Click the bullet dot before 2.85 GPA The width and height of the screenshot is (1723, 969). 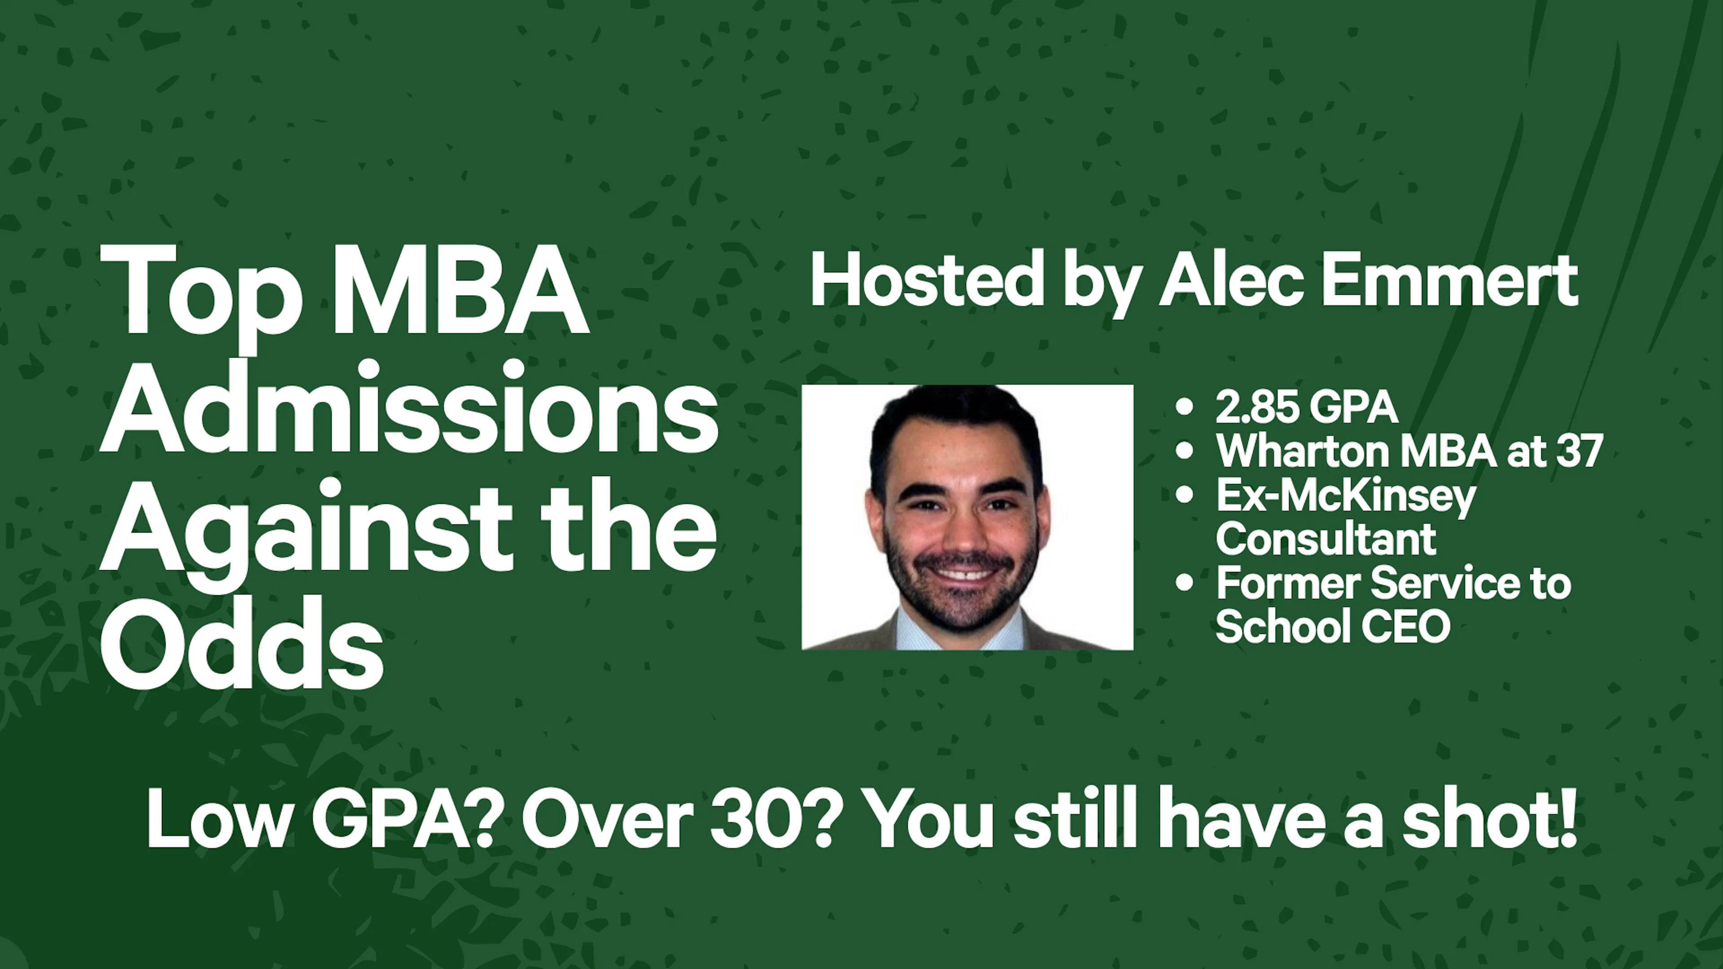1184,406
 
